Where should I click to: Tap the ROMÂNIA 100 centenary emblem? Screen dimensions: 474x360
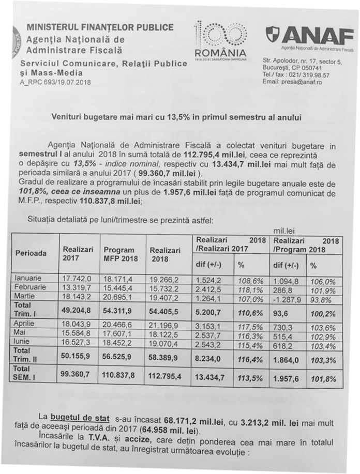[x=219, y=40]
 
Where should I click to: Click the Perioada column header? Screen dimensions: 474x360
[x=31, y=253]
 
